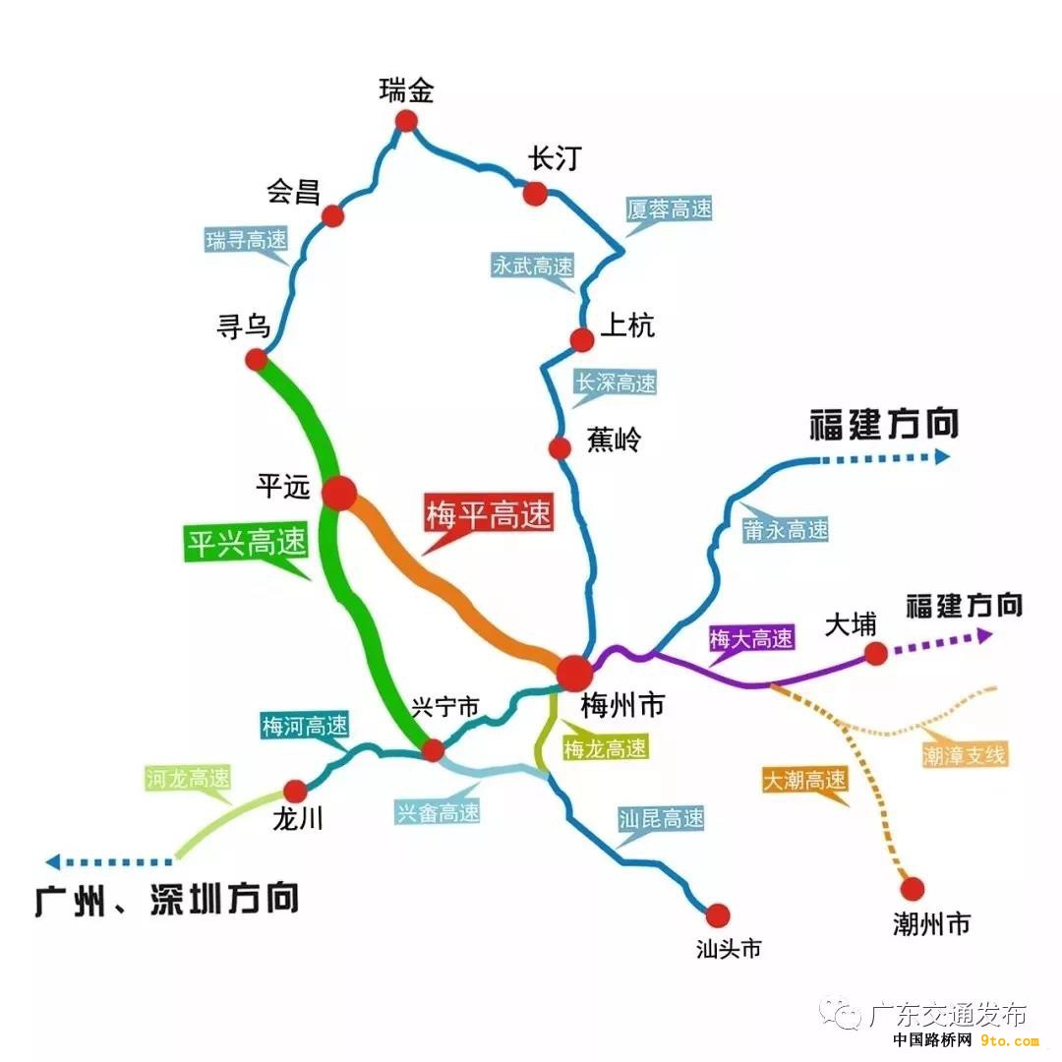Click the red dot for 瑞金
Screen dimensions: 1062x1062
click(x=406, y=121)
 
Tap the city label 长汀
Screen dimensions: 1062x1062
click(x=555, y=159)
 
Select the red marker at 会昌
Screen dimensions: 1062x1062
click(x=332, y=216)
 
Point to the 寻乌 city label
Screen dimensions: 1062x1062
click(x=244, y=326)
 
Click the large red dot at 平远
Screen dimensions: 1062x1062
click(x=339, y=493)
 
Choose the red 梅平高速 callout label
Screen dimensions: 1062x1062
click(x=489, y=514)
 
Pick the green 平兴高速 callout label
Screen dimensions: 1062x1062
click(x=246, y=543)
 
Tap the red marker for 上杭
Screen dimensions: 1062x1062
click(x=582, y=339)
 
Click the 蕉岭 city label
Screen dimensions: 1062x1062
click(x=614, y=440)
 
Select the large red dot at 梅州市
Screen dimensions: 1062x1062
click(x=574, y=673)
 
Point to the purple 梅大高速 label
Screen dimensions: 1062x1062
click(x=751, y=638)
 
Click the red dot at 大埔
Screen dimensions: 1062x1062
click(x=876, y=654)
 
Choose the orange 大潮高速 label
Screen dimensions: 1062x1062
click(x=805, y=780)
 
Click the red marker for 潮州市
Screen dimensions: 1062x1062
click(x=913, y=888)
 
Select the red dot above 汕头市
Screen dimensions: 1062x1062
click(x=718, y=915)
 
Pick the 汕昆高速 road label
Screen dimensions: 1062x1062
click(x=661, y=818)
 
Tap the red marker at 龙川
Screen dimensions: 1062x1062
click(x=295, y=791)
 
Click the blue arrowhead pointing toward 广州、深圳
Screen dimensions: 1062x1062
click(x=53, y=861)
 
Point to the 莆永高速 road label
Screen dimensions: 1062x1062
click(x=786, y=530)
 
